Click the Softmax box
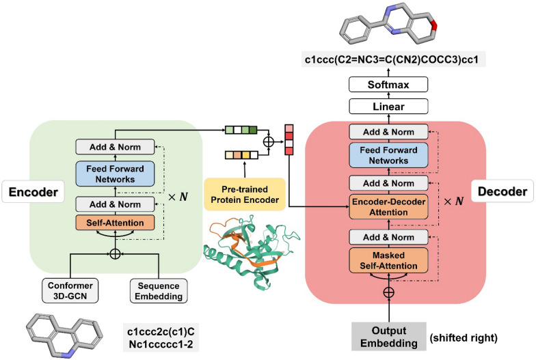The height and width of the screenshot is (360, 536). point(388,85)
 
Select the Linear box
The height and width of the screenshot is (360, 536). point(388,107)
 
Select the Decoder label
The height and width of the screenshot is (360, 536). point(503,192)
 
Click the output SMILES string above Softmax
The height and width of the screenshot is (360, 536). point(388,60)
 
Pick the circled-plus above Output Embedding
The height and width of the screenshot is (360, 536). point(388,292)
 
